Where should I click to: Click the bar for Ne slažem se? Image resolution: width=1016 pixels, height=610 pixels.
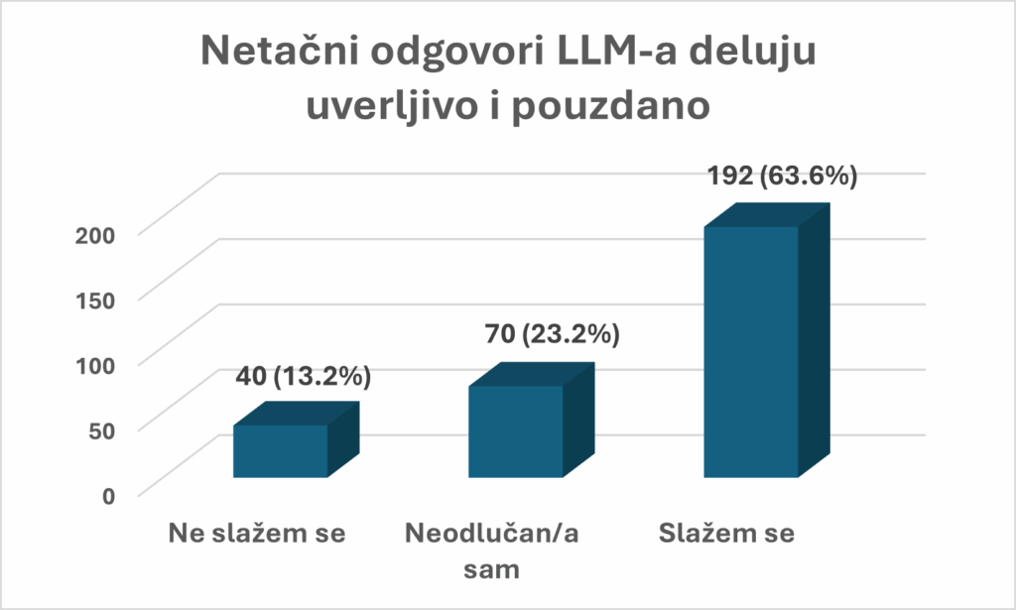(281, 450)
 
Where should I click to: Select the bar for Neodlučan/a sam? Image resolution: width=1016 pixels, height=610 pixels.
(516, 430)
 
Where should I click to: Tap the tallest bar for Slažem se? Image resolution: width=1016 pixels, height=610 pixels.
(751, 351)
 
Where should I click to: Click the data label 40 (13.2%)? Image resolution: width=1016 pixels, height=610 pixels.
(304, 377)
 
